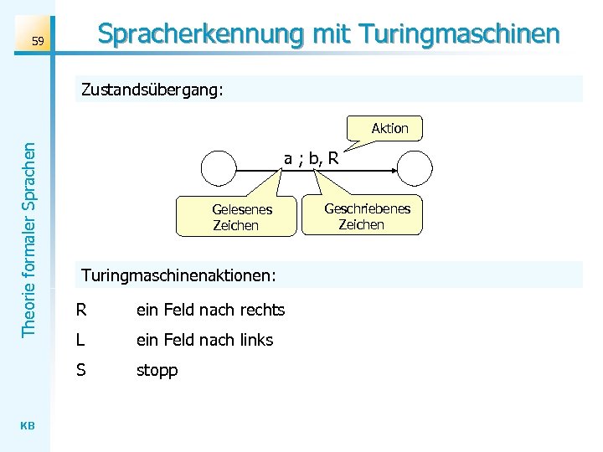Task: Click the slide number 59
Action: pyautogui.click(x=37, y=41)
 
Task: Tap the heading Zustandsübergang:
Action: pyautogui.click(x=152, y=90)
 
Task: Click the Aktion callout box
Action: pyautogui.click(x=389, y=128)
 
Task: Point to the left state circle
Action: pyautogui.click(x=220, y=167)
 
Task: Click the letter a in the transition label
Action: pyautogui.click(x=287, y=158)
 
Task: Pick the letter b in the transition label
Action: pyautogui.click(x=312, y=158)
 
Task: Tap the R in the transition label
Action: pyautogui.click(x=333, y=158)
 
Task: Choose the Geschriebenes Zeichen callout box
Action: pyautogui.click(x=367, y=216)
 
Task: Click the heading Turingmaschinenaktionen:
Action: pyautogui.click(x=178, y=275)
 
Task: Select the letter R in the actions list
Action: pyautogui.click(x=81, y=310)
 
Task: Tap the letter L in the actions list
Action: pyautogui.click(x=80, y=340)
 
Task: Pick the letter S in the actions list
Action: pyautogui.click(x=80, y=369)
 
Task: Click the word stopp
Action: pyautogui.click(x=157, y=370)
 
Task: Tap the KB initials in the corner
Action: pyautogui.click(x=28, y=426)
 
